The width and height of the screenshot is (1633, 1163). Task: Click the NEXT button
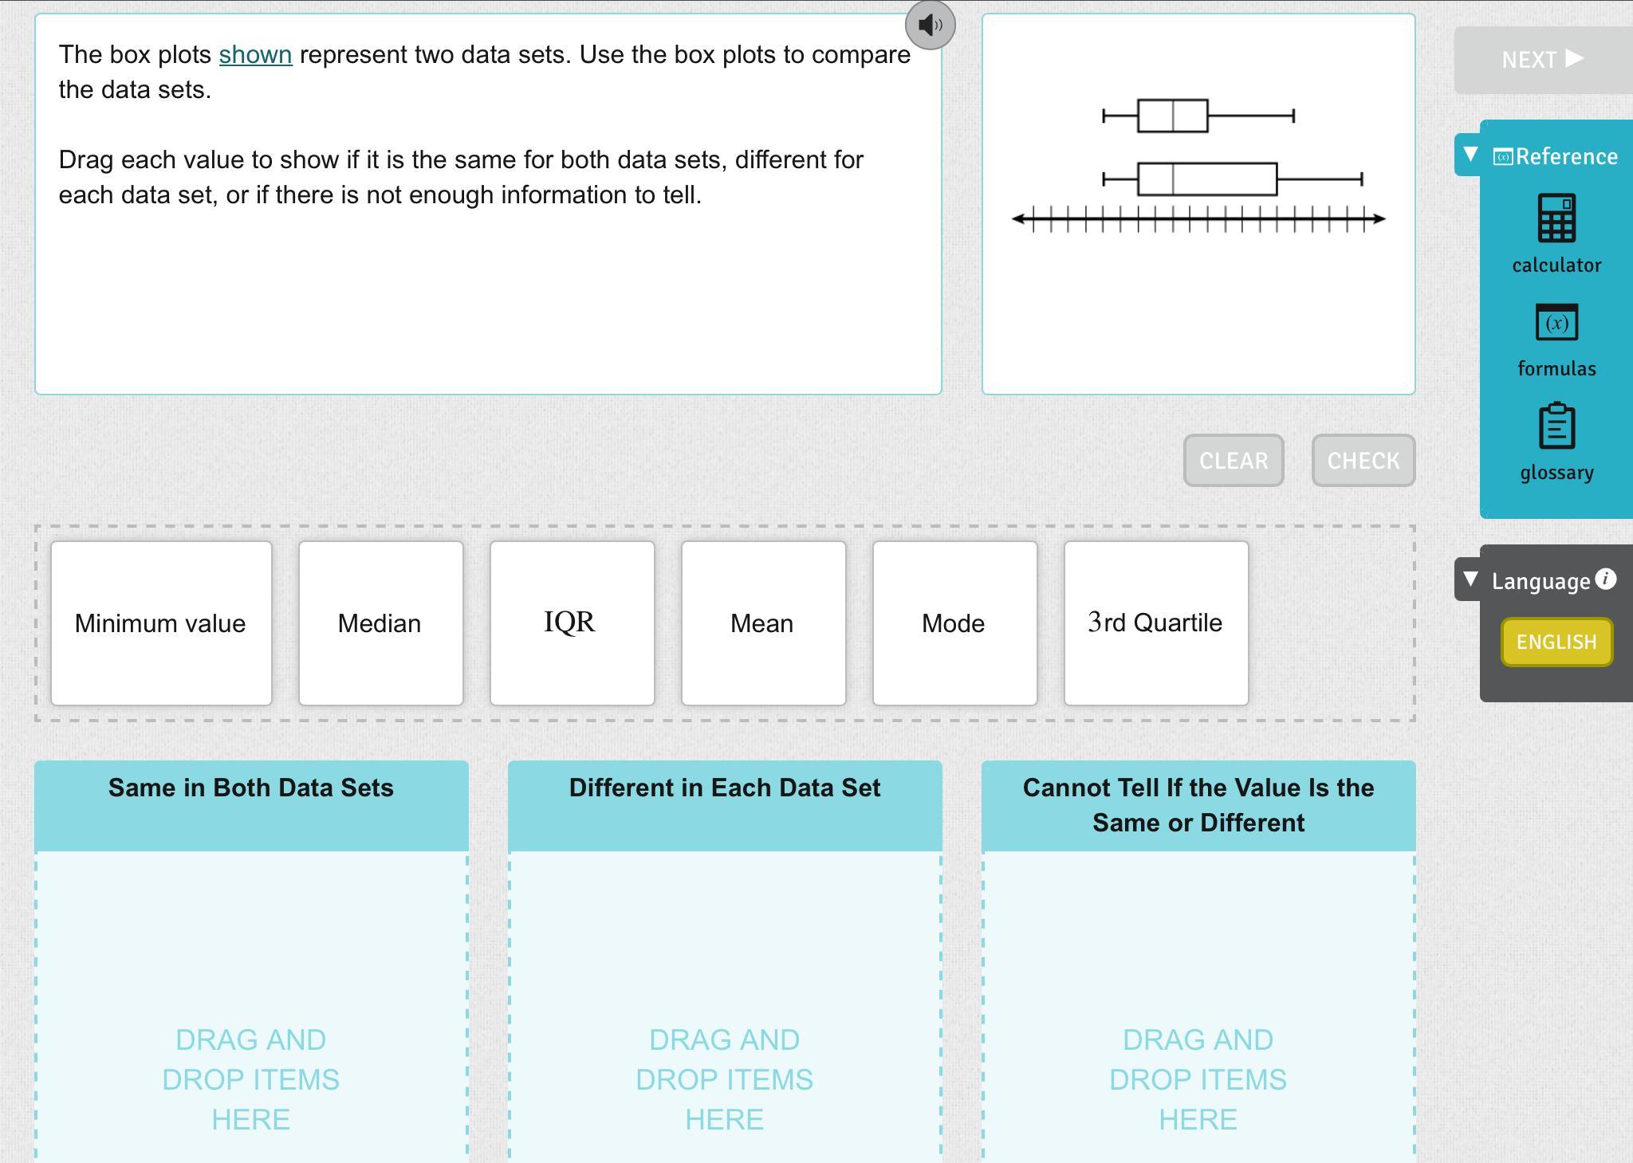[x=1543, y=60]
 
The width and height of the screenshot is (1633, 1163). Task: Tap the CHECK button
[x=1363, y=461]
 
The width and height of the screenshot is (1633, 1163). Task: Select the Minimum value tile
[x=161, y=623]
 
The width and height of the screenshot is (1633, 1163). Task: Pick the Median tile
[x=380, y=623]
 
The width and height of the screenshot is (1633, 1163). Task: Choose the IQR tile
[x=572, y=623]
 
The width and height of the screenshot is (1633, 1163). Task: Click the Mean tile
[x=763, y=623]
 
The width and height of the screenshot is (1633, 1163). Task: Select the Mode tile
[x=954, y=623]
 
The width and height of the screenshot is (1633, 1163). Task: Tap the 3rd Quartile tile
[x=1156, y=623]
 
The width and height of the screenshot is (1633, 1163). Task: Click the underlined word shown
[x=255, y=55]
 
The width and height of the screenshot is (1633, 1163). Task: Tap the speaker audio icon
[x=930, y=25]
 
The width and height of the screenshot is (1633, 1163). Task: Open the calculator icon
[x=1556, y=218]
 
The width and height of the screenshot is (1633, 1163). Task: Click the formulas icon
[x=1556, y=323]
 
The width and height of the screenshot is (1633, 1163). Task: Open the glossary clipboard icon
[x=1556, y=426]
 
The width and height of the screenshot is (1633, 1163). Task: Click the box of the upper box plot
[x=1173, y=116]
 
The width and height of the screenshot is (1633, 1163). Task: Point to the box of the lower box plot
[x=1207, y=179]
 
